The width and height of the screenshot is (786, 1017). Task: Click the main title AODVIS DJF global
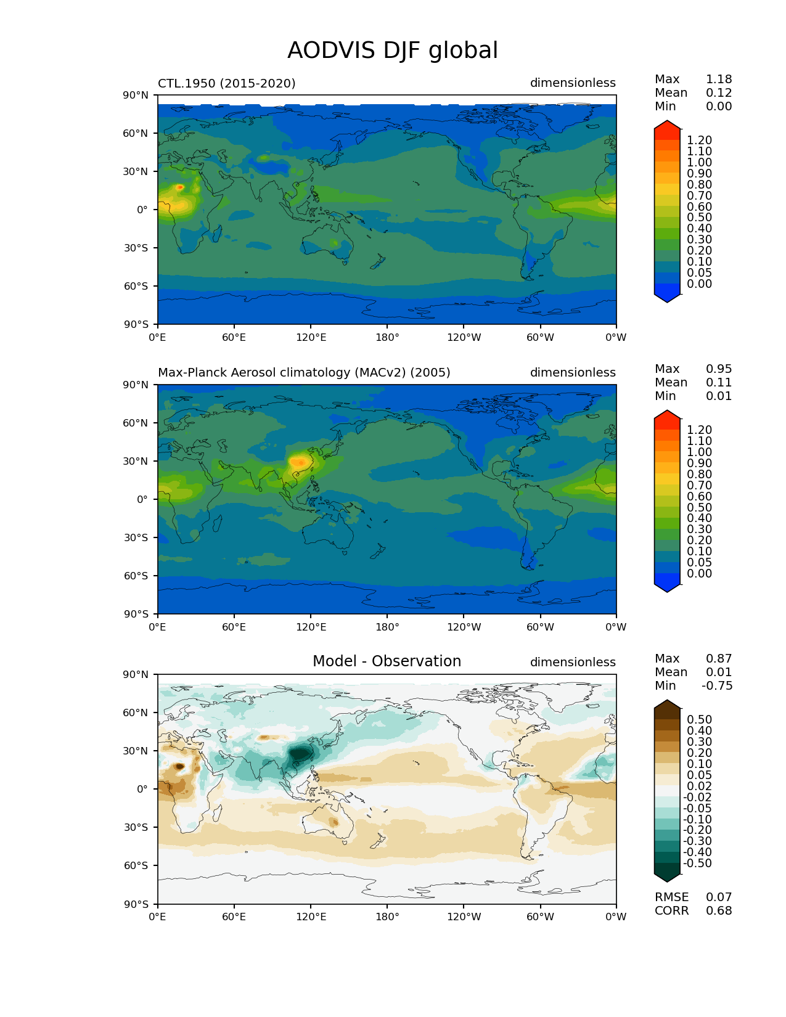coord(393,51)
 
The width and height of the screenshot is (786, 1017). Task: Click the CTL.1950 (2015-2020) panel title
coord(226,83)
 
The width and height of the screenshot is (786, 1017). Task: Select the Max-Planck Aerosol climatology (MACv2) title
coord(304,373)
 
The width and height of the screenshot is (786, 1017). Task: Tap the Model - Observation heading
coord(387,661)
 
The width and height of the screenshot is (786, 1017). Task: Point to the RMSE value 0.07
coord(719,897)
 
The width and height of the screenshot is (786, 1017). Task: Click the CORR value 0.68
coord(719,911)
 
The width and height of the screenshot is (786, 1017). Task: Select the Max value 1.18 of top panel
coord(719,80)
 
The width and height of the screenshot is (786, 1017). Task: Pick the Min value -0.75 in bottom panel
coord(717,686)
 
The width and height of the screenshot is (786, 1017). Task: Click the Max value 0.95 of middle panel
coord(719,369)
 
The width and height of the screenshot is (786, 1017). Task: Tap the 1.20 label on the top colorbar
coord(699,141)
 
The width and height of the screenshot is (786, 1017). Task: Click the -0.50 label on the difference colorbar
coord(697,864)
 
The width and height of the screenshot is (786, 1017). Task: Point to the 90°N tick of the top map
coord(136,96)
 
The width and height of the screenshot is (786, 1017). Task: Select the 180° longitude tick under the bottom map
coord(387,917)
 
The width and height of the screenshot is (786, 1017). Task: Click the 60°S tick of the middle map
coord(136,576)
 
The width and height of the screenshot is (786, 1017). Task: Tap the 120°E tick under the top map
coord(311,338)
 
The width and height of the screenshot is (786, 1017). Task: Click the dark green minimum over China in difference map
coord(301,753)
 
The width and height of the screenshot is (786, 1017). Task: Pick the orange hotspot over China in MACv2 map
coord(300,462)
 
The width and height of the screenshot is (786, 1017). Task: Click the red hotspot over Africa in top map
coord(179,187)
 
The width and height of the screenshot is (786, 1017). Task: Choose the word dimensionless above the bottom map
coord(573,663)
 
